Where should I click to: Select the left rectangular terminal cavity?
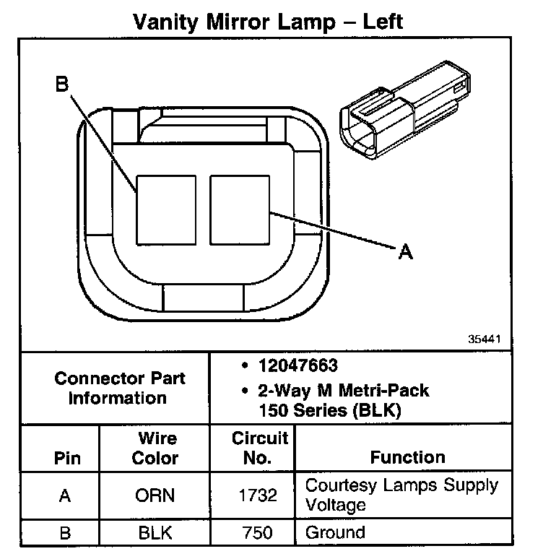point(166,208)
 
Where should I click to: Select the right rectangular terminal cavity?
point(240,208)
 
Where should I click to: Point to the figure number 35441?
point(483,337)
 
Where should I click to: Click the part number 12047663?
point(297,366)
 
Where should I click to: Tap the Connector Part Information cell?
point(120,388)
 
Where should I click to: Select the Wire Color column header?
point(156,448)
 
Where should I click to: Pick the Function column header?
point(407,457)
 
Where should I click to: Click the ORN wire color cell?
point(155,496)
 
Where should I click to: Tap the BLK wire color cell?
point(155,533)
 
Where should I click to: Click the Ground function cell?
point(336,533)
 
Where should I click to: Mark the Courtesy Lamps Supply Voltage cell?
point(401,494)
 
